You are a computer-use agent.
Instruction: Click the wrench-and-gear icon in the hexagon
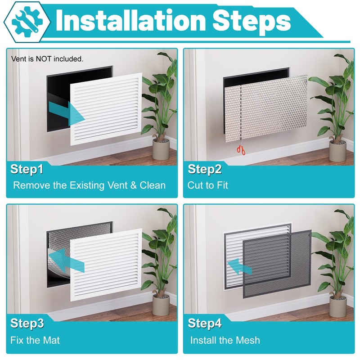tap(27, 22)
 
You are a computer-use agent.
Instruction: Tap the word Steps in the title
tap(252, 22)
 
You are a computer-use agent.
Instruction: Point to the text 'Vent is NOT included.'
tap(47, 59)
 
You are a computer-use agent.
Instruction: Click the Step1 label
tap(27, 170)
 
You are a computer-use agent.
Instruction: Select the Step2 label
tap(205, 170)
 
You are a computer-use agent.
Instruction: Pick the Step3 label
tap(27, 324)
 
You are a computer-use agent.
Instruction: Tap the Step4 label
tap(205, 324)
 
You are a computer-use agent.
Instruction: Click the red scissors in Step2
tap(241, 150)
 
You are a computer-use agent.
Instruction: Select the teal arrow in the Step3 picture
tap(66, 261)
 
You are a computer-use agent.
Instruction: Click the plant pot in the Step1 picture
tap(161, 149)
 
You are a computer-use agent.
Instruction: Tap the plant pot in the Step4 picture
tap(338, 307)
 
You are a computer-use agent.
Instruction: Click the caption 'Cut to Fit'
tap(207, 185)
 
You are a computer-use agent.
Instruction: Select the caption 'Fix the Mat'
tap(35, 340)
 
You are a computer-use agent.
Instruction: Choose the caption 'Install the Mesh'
tap(225, 340)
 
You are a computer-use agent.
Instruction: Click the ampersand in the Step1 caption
tap(133, 185)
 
